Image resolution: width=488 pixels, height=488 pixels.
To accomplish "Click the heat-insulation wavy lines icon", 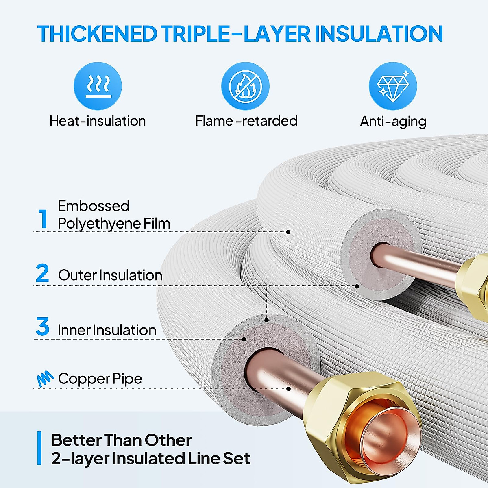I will pos(98,86).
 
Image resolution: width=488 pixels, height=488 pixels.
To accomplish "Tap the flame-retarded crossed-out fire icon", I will pos(245,86).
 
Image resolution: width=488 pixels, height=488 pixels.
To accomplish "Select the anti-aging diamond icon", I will pos(393,86).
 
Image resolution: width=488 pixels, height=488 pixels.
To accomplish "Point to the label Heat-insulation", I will pos(98,121).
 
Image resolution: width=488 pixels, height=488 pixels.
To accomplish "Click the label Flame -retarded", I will pos(246,121).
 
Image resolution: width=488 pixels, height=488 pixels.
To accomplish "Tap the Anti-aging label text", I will pos(393,121).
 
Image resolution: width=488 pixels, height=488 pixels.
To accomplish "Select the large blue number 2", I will pos(42,273).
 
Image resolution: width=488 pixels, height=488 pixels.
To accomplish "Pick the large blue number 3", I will pos(42,327).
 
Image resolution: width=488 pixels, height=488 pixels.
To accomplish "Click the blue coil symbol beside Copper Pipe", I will pos(45,379).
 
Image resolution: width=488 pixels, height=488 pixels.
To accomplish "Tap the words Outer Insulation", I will pos(110,275).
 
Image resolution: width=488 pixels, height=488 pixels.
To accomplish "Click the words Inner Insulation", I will pos(107,330).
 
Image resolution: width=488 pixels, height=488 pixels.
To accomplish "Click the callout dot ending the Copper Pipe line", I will pos(288,389).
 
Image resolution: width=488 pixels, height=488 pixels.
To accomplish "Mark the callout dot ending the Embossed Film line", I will pos(288,232).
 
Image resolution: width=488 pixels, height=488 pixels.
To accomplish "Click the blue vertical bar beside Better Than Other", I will pos(39,448).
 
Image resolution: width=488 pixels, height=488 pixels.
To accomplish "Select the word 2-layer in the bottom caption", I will pos(79,458).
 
